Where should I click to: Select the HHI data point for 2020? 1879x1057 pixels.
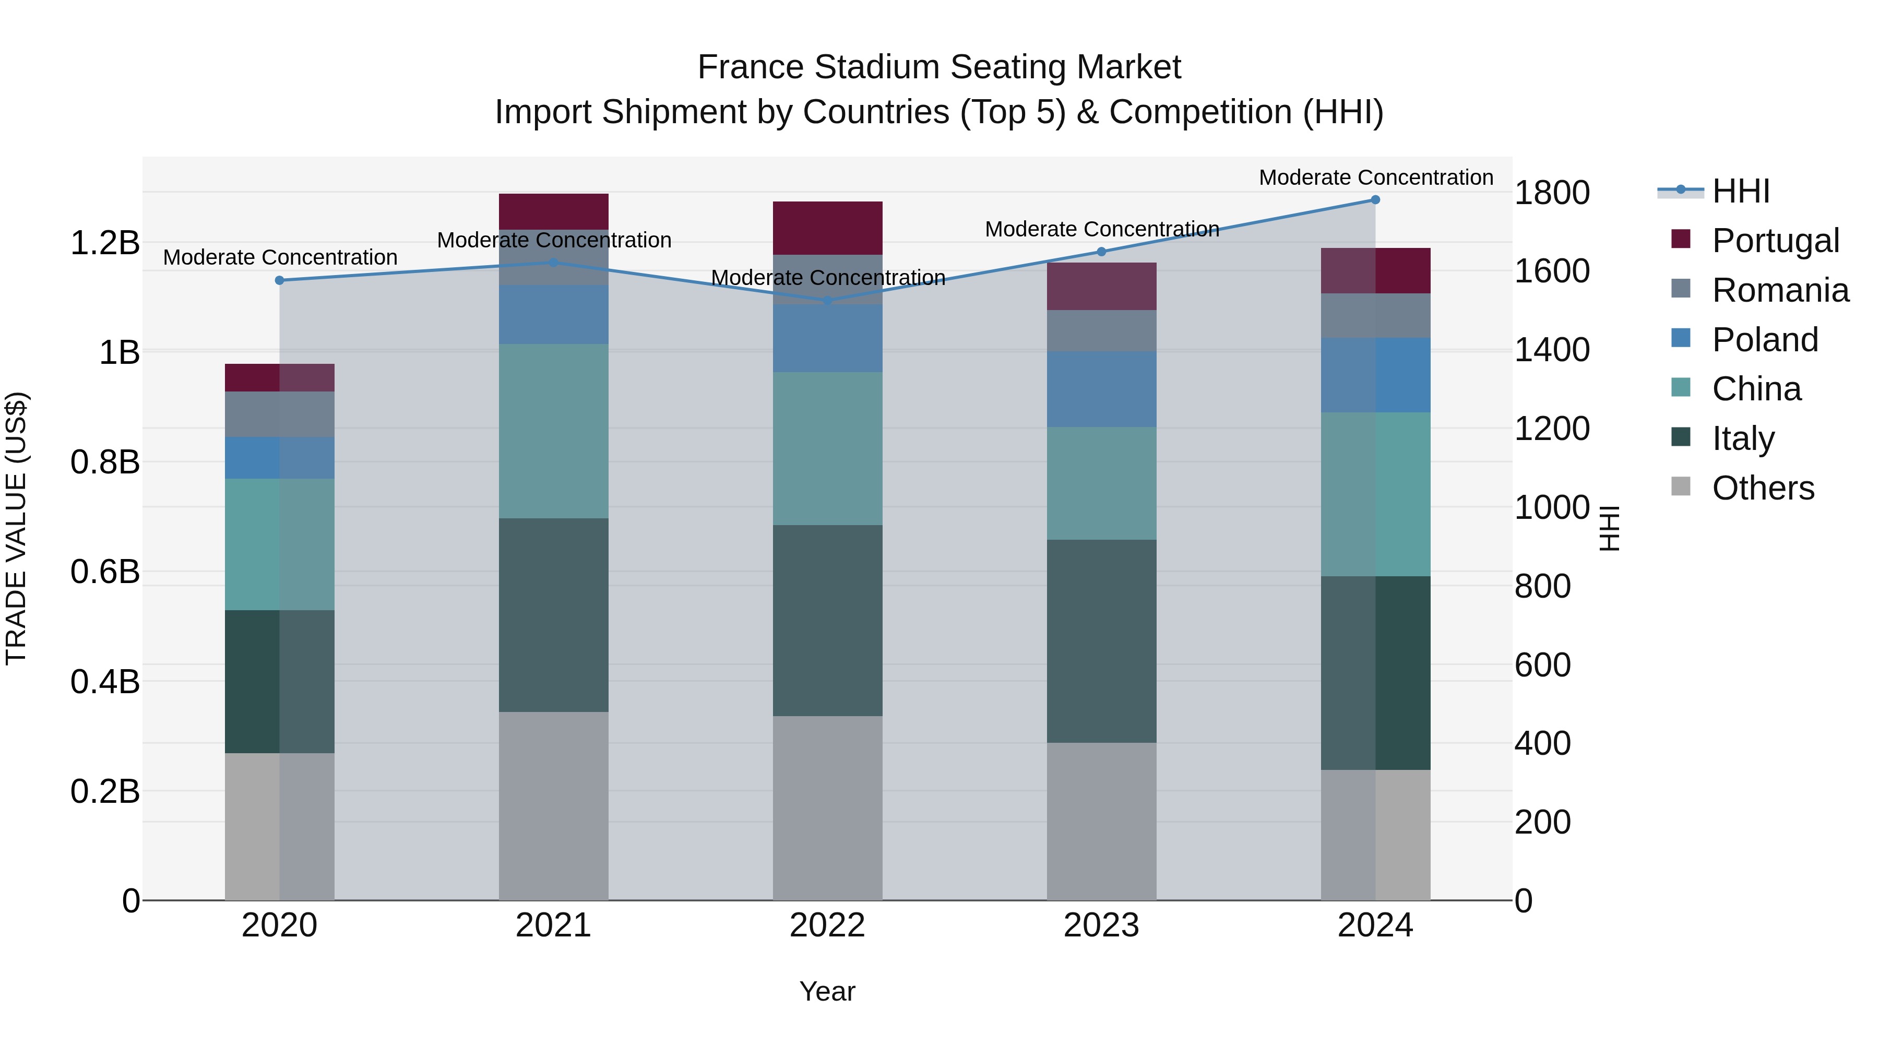279,280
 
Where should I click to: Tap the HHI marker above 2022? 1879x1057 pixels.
827,301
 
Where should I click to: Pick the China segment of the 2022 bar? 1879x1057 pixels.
827,448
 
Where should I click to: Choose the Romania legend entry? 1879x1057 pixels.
1780,290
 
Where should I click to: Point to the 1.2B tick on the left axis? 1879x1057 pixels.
104,243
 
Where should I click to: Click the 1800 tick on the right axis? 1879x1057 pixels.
1552,193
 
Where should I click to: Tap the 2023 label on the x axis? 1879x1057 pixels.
1101,925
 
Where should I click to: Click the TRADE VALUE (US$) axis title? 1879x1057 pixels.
16,528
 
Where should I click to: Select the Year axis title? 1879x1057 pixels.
827,991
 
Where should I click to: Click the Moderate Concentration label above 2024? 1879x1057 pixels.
1376,177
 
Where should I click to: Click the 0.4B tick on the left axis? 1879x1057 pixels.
104,682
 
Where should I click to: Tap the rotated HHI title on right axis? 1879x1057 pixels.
1609,528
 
